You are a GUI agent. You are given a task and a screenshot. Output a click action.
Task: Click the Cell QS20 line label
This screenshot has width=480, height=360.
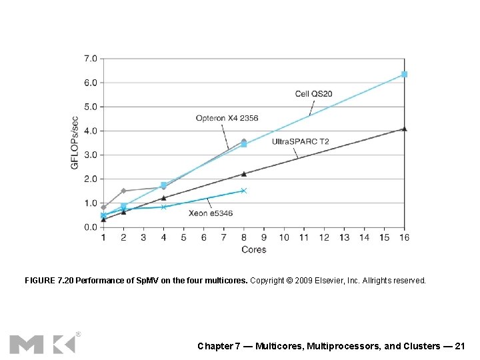coord(313,94)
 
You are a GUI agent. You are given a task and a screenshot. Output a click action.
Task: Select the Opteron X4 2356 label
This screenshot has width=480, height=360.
coord(227,118)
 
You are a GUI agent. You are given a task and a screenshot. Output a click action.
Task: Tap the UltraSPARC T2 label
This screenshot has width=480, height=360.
coord(300,141)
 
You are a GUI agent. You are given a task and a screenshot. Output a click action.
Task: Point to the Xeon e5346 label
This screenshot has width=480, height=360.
coord(210,213)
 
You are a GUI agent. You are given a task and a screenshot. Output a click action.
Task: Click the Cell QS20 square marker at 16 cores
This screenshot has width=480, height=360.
coord(404,74)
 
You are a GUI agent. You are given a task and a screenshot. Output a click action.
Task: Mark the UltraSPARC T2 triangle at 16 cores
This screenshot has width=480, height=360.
coord(404,129)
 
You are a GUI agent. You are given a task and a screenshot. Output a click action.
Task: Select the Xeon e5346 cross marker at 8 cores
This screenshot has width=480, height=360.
coord(244,191)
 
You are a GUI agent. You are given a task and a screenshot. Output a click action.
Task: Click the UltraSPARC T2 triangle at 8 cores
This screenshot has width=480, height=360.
coord(244,174)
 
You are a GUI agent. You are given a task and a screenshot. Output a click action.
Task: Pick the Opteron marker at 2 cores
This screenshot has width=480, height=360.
coord(123,191)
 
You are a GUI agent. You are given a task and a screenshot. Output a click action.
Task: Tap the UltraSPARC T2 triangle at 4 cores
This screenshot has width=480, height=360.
coord(163,198)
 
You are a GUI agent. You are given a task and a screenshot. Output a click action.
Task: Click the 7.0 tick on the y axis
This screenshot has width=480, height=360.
coord(91,59)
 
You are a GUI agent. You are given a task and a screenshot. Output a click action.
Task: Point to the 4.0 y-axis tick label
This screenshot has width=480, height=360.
coord(91,131)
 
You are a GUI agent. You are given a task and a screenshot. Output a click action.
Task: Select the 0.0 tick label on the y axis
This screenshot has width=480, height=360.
coord(91,227)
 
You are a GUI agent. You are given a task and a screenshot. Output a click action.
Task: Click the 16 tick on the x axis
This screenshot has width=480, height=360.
coord(404,237)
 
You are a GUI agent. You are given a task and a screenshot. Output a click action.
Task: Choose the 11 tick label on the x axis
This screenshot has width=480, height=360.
coord(304,237)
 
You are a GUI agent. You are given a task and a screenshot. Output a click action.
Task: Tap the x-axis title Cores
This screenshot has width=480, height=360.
coord(253,250)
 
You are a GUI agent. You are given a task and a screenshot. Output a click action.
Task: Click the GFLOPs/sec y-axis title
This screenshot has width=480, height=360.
coord(75,142)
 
